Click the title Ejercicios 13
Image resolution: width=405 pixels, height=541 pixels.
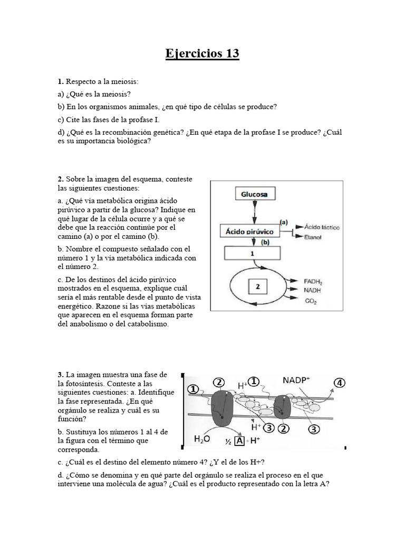[x=202, y=53]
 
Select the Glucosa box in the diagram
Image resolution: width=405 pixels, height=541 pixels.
[x=254, y=194]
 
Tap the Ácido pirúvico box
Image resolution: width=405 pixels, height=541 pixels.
[x=249, y=231]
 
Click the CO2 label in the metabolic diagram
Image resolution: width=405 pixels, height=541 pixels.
[x=311, y=301]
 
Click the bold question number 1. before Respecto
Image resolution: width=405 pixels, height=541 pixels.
[x=61, y=82]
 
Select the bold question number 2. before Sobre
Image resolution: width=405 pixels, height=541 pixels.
[x=61, y=179]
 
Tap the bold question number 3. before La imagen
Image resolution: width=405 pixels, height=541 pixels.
[x=61, y=374]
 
